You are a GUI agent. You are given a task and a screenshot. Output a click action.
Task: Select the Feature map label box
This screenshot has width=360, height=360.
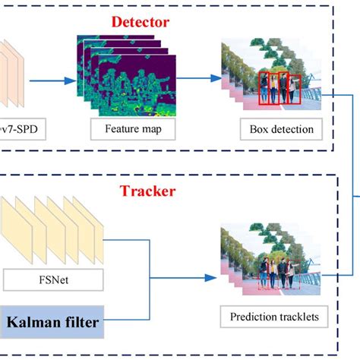click(x=127, y=129)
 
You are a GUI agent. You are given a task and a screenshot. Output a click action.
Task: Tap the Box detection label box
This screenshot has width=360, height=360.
click(x=280, y=129)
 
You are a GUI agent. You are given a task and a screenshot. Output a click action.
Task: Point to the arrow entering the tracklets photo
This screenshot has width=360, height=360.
click(x=190, y=277)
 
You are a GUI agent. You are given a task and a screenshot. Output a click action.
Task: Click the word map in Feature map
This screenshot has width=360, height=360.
click(x=145, y=129)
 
